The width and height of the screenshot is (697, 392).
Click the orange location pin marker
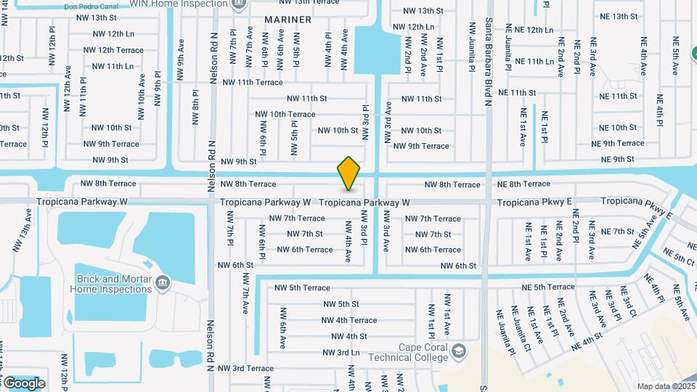click(348, 173)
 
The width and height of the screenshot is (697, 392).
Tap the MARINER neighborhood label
click(288, 20)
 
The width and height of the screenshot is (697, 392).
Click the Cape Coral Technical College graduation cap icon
click(459, 351)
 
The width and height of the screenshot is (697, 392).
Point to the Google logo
click(25, 383)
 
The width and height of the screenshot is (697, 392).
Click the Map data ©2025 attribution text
click(666, 386)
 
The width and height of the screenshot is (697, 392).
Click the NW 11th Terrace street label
click(253, 83)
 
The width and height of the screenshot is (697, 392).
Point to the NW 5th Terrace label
click(299, 287)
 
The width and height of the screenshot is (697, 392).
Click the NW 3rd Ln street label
click(341, 352)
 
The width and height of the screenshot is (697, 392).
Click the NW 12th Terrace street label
click(113, 50)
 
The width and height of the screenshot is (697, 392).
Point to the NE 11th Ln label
click(530, 62)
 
